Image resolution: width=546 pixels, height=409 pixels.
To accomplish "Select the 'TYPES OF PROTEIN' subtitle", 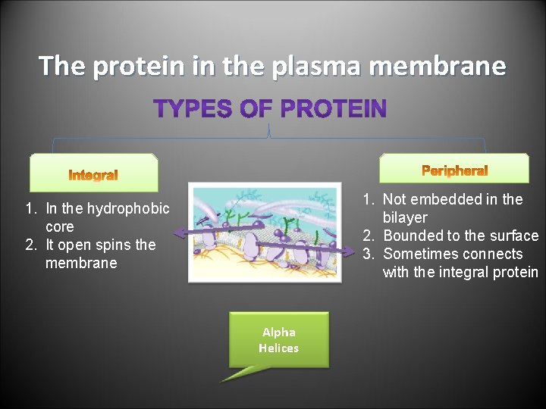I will coord(270,109).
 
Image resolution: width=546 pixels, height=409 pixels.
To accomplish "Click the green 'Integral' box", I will coord(93,174).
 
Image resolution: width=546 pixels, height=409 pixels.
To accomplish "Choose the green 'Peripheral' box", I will coord(454,170).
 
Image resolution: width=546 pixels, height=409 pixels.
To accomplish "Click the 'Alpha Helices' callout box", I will coord(279,340).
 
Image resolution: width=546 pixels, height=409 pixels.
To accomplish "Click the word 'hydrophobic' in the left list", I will coord(130,208).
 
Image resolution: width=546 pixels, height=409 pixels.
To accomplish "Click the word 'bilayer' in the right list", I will coord(405,217).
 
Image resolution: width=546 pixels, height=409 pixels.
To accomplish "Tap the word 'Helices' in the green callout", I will coord(278,348).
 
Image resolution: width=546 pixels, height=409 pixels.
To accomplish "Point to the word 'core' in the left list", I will coord(60,226).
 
